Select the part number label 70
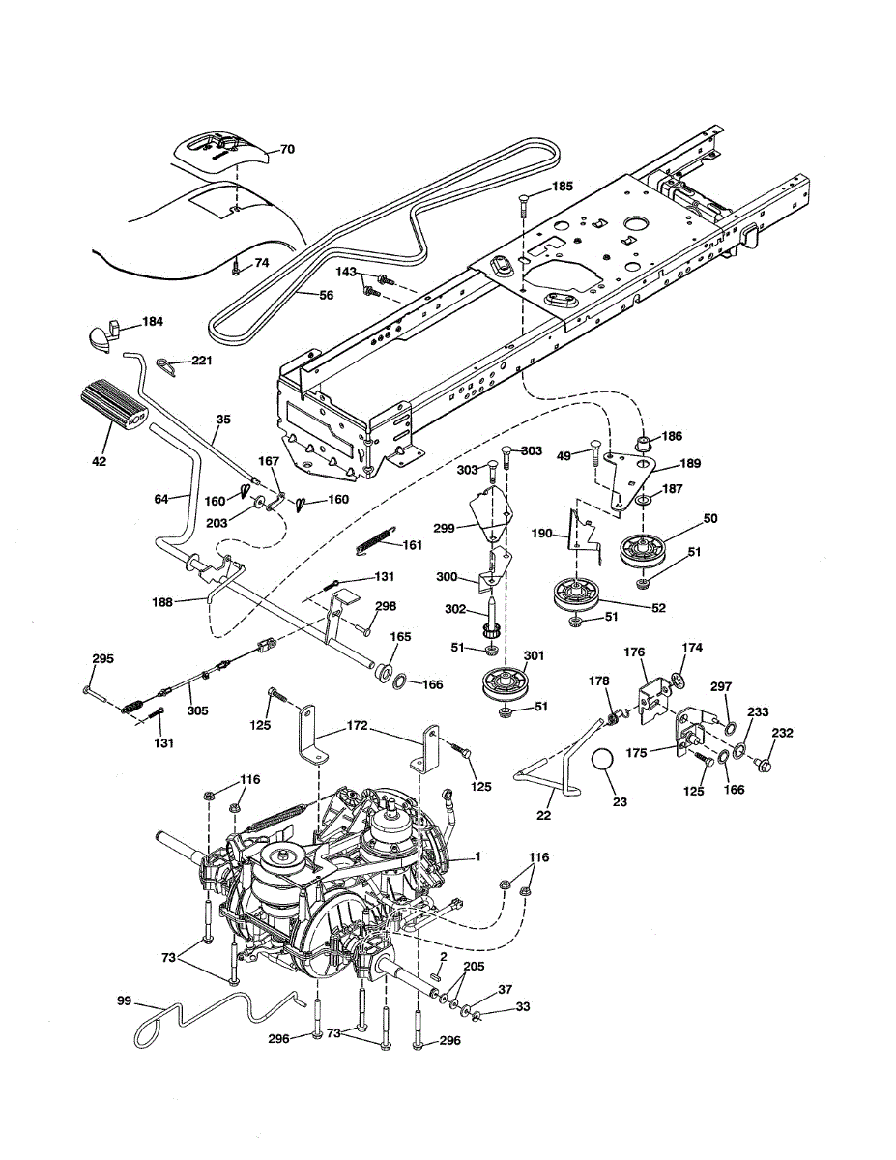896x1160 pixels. click(x=287, y=150)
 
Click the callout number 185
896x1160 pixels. click(x=562, y=186)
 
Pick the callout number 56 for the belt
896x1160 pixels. click(x=326, y=295)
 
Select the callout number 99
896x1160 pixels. click(x=124, y=1000)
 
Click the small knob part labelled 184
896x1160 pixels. click(x=102, y=335)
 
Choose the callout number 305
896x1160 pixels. click(x=198, y=710)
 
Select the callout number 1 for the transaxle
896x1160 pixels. click(x=478, y=855)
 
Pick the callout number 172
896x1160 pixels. click(x=357, y=725)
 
